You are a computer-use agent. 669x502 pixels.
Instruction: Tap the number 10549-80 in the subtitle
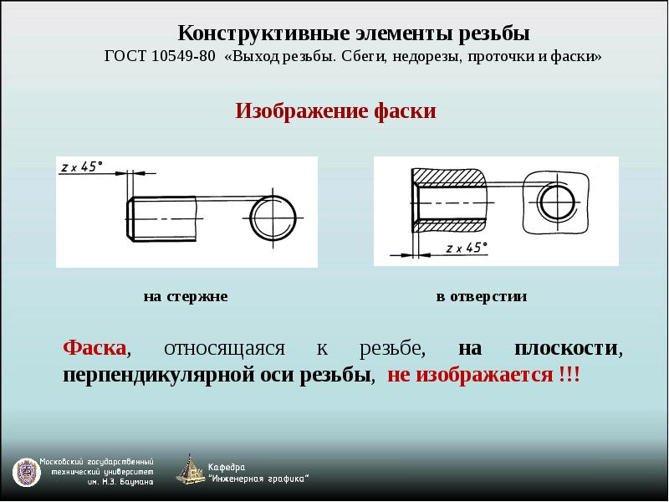pyautogui.click(x=183, y=56)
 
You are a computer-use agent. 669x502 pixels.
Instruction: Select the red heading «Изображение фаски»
pyautogui.click(x=336, y=111)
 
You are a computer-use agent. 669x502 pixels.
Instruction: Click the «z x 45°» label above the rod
pyautogui.click(x=82, y=166)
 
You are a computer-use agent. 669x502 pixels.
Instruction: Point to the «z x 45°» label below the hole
pyautogui.click(x=467, y=248)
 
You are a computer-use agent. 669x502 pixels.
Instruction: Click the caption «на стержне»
pyautogui.click(x=186, y=296)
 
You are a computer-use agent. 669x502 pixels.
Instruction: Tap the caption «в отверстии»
pyautogui.click(x=482, y=296)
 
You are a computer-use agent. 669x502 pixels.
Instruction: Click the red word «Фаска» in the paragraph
pyautogui.click(x=94, y=348)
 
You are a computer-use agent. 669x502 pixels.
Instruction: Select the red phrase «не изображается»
pyautogui.click(x=470, y=375)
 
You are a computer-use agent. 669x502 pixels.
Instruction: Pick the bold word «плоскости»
pyautogui.click(x=566, y=348)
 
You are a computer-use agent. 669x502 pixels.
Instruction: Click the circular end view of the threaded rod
pyautogui.click(x=273, y=218)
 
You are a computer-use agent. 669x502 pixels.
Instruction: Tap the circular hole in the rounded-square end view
pyautogui.click(x=556, y=202)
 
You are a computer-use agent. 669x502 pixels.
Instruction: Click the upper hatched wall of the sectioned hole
pyautogui.click(x=449, y=177)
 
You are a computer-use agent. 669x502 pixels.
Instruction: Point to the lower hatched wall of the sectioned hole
pyautogui.click(x=449, y=226)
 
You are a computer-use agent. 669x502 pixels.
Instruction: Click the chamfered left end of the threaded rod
pyautogui.click(x=130, y=219)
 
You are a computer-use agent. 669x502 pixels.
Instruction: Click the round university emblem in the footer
pyautogui.click(x=27, y=474)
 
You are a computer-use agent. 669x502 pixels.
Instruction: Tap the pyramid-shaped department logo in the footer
pyautogui.click(x=191, y=469)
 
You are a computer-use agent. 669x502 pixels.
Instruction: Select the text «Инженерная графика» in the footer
pyautogui.click(x=258, y=479)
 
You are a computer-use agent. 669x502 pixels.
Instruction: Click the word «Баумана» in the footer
pyautogui.click(x=136, y=483)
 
